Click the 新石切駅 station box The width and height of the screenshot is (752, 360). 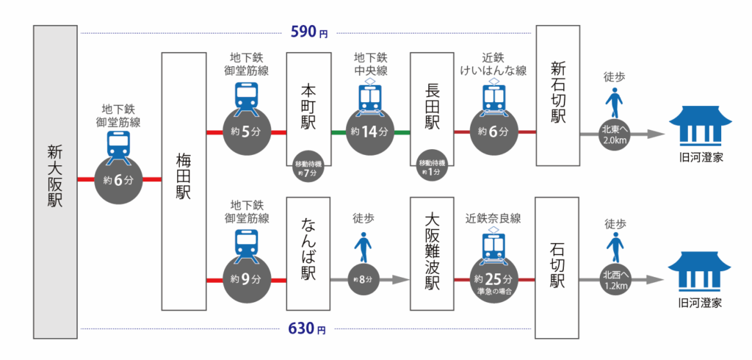pos(557,96)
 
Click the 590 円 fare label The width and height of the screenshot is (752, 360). pos(308,32)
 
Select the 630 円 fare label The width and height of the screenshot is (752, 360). pos(308,329)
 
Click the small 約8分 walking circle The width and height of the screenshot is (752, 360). pos(364,280)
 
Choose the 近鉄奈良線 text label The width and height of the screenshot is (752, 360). pos(493,218)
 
